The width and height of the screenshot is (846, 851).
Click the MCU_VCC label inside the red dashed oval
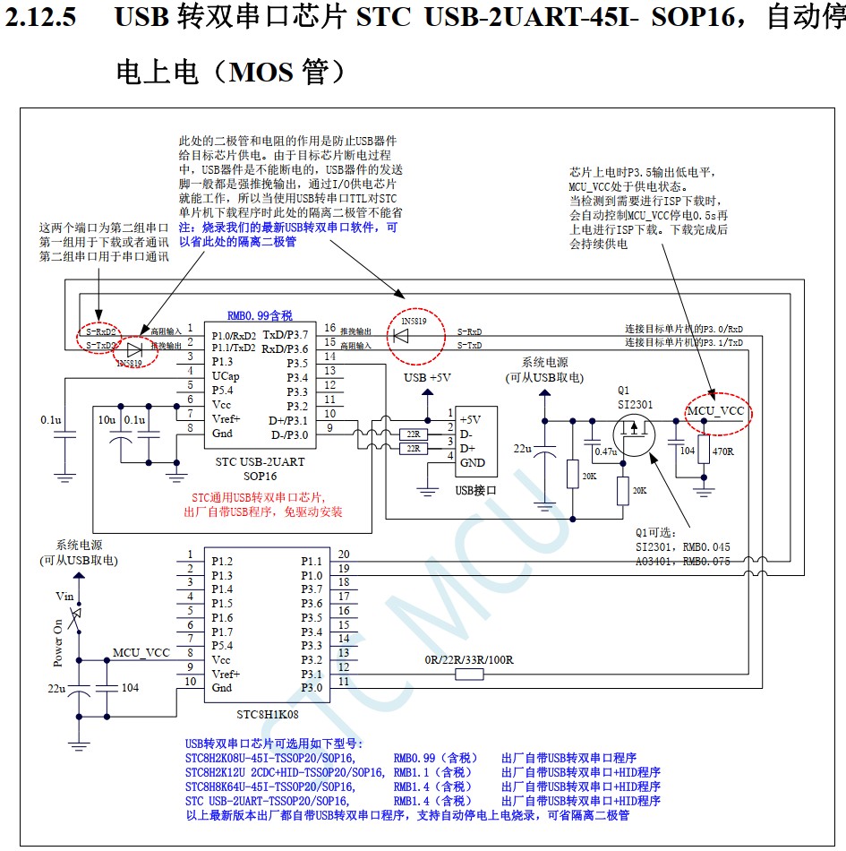(x=715, y=411)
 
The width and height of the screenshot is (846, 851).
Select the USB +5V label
(x=427, y=377)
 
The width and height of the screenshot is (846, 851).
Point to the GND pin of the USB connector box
(x=473, y=462)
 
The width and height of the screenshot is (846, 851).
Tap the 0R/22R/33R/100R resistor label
(x=469, y=659)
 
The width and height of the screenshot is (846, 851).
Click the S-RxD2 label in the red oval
(x=101, y=331)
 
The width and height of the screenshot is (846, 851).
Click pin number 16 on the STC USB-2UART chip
(x=329, y=328)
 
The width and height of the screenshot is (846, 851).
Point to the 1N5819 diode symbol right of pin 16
(x=402, y=336)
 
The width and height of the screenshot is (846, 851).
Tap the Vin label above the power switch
(x=64, y=596)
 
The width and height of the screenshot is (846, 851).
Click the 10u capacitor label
(x=107, y=419)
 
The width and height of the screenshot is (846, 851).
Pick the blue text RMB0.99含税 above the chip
(x=260, y=315)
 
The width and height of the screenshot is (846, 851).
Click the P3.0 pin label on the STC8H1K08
(x=311, y=687)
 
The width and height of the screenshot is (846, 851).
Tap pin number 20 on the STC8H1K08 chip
(x=343, y=554)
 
